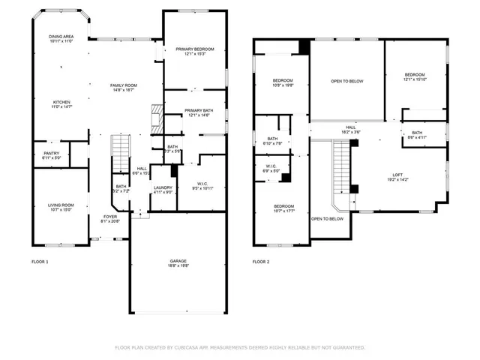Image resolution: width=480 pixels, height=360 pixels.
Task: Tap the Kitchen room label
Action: (61, 104)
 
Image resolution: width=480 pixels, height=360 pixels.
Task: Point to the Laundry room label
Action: (163, 190)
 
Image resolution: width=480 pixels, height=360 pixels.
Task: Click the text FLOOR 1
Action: (40, 262)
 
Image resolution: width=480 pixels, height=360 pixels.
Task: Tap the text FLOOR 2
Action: (260, 262)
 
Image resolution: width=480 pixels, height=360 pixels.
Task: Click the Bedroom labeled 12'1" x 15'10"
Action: (415, 76)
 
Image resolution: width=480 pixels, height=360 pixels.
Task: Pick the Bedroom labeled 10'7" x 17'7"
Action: (283, 208)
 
